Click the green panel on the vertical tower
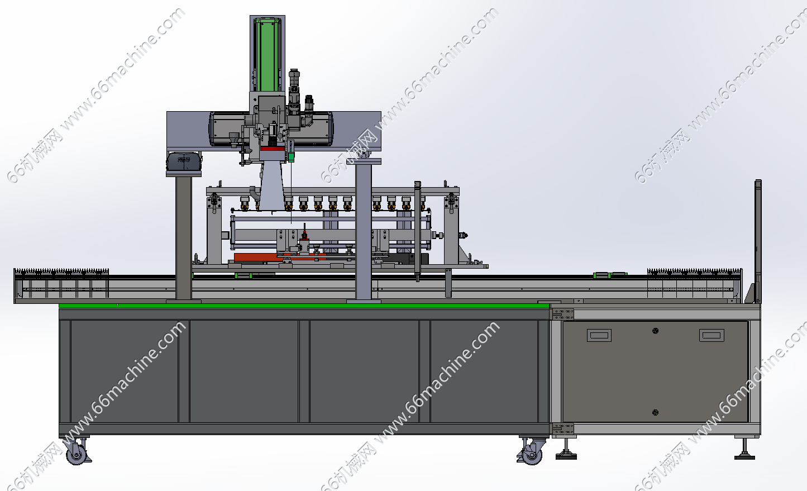coord(267,55)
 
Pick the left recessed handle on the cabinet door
coord(599,336)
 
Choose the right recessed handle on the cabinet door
coord(712,335)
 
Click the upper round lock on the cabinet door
coord(655,331)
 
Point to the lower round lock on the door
coord(655,412)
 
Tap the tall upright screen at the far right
coord(758,241)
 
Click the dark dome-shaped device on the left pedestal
coord(184,161)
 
